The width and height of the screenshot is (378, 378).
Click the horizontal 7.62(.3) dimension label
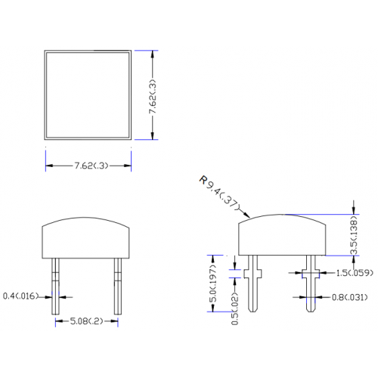[91, 166]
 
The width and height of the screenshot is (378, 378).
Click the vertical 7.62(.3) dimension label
[153, 96]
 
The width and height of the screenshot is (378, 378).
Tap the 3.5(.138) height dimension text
[354, 235]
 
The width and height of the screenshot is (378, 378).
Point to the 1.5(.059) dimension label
[355, 273]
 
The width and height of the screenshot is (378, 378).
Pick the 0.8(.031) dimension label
[349, 298]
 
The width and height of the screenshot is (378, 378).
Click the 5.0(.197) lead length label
[212, 283]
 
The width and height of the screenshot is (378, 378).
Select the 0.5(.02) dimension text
[234, 308]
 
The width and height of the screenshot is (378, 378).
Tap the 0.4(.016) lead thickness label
[20, 296]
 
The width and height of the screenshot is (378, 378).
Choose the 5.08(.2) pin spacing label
[86, 321]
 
